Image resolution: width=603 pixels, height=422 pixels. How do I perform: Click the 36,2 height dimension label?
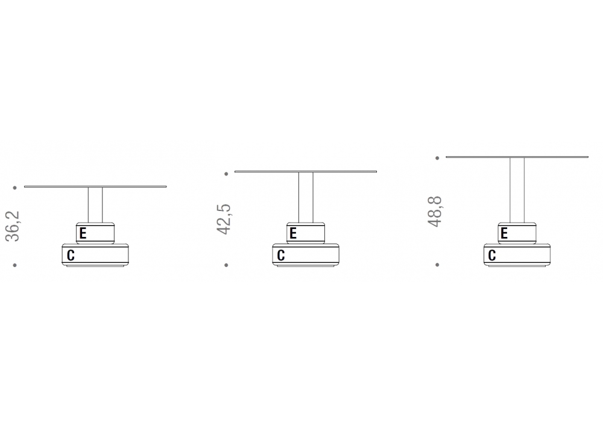12,226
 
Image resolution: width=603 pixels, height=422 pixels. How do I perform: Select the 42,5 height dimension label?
224,219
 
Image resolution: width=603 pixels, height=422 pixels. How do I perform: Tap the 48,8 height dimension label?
435,212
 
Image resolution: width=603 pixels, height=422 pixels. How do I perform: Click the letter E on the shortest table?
83,233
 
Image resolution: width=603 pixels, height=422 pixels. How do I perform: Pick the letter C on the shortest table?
71,255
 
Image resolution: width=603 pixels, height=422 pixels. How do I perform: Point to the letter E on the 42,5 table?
293,233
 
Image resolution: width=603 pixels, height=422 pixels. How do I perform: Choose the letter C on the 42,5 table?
281,255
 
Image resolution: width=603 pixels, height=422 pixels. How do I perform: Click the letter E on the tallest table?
504,233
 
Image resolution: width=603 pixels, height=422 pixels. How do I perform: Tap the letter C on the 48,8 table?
492,255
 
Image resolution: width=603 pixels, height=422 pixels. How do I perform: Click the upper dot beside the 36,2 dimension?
15,187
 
